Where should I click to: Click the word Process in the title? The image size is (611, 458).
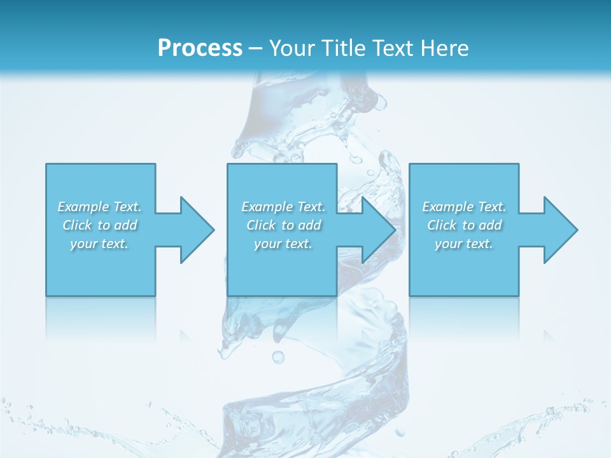(200, 48)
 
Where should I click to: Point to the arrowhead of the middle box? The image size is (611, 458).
(377, 230)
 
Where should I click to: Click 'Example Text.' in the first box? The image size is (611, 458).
(99, 207)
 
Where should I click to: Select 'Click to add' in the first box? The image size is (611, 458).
(99, 225)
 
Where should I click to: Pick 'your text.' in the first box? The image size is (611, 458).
(99, 244)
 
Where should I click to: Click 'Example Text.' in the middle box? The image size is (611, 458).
(283, 207)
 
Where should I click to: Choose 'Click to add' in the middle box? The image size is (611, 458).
(283, 225)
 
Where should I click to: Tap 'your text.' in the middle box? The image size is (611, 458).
(283, 244)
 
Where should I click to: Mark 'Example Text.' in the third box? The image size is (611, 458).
(464, 207)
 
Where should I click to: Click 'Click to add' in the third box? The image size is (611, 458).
(464, 225)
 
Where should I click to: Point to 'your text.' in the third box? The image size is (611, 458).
(464, 244)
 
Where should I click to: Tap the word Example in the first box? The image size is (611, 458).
(83, 207)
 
